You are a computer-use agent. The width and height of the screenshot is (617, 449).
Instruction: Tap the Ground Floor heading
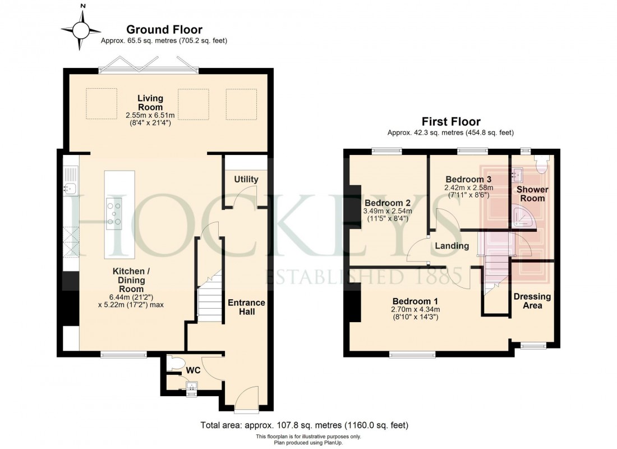point(164,30)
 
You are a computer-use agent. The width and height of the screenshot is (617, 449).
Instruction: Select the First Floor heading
point(450,121)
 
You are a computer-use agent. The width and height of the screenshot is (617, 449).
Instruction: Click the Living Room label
point(150,103)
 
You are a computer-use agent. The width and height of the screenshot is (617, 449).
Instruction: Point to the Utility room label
point(246,179)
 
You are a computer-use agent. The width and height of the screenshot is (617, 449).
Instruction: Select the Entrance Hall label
point(246,306)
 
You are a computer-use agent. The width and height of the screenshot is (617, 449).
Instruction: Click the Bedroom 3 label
point(468,179)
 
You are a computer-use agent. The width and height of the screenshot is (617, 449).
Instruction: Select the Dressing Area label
point(532,301)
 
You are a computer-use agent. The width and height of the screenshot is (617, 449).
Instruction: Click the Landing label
point(452,246)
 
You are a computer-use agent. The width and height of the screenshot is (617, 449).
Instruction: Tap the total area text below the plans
point(305,425)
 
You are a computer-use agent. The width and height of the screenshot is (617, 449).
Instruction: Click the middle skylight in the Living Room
point(193,104)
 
